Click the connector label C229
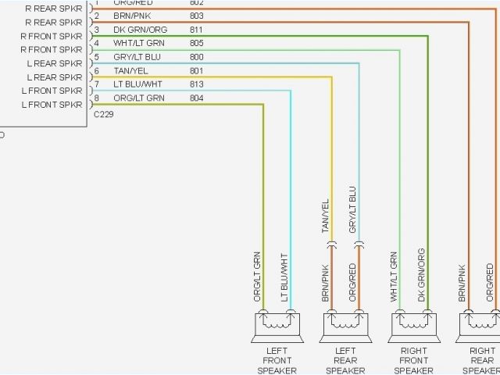(x=102, y=115)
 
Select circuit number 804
(x=196, y=98)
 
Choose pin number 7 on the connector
(x=96, y=84)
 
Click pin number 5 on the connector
(x=96, y=57)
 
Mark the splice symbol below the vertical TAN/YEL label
(x=330, y=245)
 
